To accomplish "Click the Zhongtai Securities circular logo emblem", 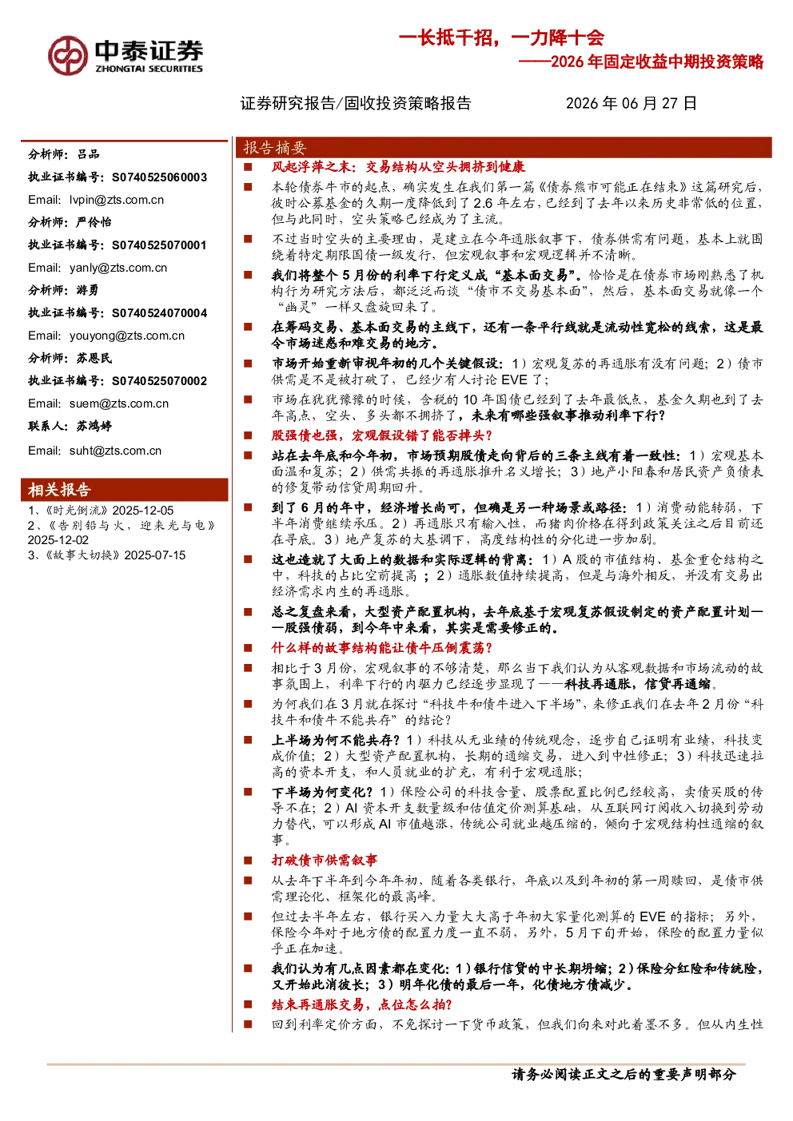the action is pos(68,56).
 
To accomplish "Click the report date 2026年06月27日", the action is pos(632,103).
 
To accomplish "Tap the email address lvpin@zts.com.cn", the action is pos(117,200).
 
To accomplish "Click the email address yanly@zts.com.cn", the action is pos(118,268).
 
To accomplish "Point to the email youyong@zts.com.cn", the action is pos(127,336).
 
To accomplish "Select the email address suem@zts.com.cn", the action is pos(119,403).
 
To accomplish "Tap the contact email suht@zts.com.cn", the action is pos(116,451).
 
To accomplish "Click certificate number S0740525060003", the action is pos(159,177).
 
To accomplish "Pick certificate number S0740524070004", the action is pos(159,312).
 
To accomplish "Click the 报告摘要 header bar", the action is pos(504,148).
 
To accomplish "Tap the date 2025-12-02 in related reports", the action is pos(58,540).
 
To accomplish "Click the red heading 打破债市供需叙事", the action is pos(324,860).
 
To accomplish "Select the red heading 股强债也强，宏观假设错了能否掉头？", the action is pos(382,435).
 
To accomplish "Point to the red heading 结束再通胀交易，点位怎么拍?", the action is pos(361,1004).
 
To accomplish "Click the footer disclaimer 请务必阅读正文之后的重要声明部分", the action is pos(624,1074).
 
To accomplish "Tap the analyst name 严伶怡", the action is pos(94,221).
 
